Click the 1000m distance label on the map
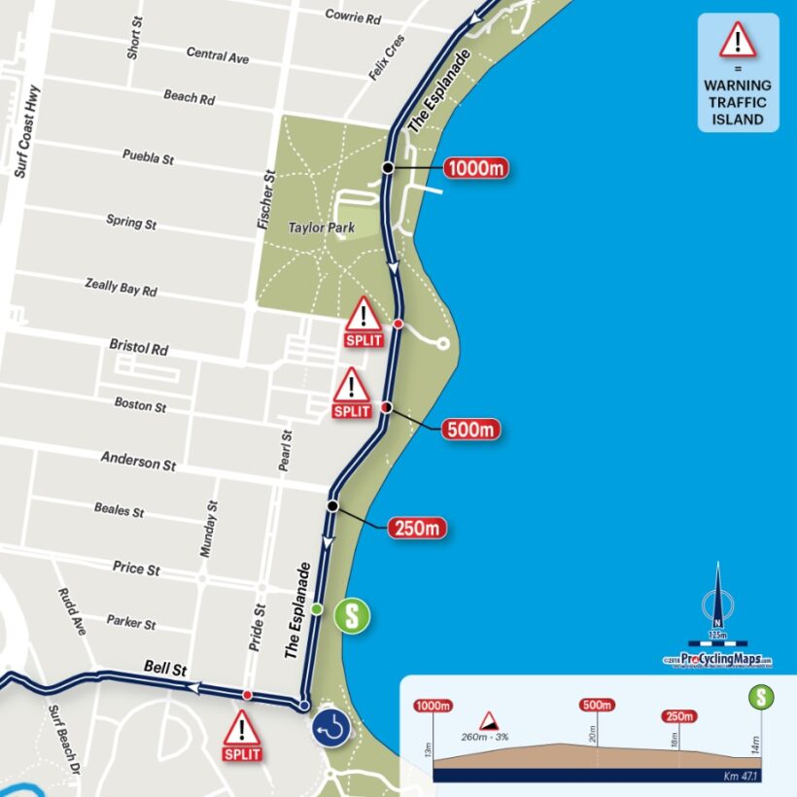tap(476, 168)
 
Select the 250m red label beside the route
tap(418, 529)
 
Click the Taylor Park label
tap(321, 227)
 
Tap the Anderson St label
tap(138, 461)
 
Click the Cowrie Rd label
tap(353, 17)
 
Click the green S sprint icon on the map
tap(352, 616)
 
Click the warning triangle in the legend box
tap(738, 40)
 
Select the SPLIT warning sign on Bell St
tap(242, 735)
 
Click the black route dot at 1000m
tap(387, 168)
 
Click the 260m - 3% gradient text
tap(486, 737)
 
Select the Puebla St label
tap(148, 156)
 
